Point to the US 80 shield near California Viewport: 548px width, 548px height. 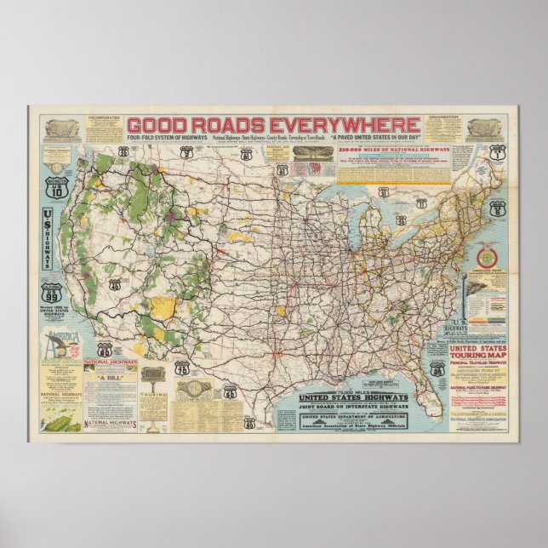coord(105,350)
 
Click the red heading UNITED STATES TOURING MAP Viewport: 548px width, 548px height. coord(477,352)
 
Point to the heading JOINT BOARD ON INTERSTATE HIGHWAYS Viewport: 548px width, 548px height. coord(351,405)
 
